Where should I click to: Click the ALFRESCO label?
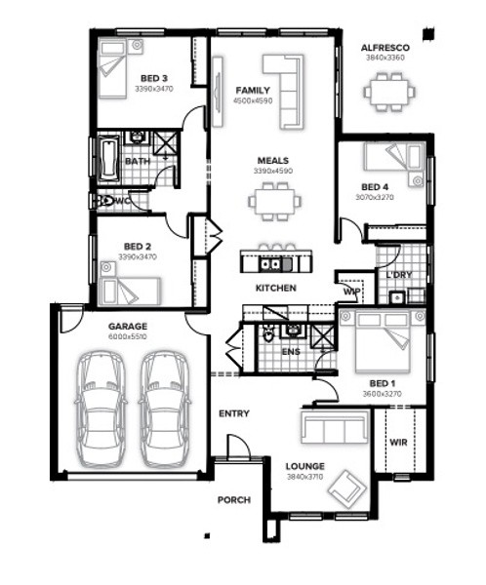click(x=385, y=48)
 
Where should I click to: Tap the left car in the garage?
click(x=101, y=409)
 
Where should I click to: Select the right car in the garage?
click(x=165, y=409)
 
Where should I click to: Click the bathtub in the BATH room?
click(x=108, y=159)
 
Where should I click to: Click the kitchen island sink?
click(x=270, y=264)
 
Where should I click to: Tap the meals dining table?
click(x=274, y=202)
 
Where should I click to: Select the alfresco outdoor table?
click(x=388, y=92)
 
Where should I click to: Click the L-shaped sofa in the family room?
click(x=284, y=92)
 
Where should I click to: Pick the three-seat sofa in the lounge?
click(x=335, y=427)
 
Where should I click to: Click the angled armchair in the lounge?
click(x=346, y=489)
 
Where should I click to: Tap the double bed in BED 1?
click(x=383, y=341)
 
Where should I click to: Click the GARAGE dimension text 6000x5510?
click(x=128, y=336)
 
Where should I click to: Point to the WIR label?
click(x=398, y=443)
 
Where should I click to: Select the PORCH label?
click(x=234, y=499)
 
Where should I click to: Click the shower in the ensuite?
click(x=323, y=337)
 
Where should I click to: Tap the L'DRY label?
click(x=399, y=275)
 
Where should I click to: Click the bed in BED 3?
click(x=112, y=70)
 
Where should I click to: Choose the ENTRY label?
click(x=234, y=413)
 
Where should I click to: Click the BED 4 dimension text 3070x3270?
click(x=375, y=197)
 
